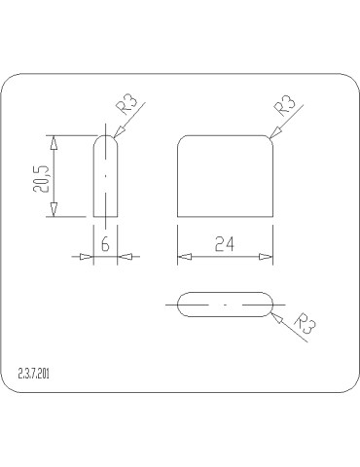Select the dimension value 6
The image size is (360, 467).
105,244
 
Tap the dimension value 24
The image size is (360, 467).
225,245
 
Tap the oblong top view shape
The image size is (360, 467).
225,305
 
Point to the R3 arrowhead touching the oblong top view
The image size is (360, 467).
273,311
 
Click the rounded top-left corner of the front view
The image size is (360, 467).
181,139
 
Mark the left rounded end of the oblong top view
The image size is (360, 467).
180,305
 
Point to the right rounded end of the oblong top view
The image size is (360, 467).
270,305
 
